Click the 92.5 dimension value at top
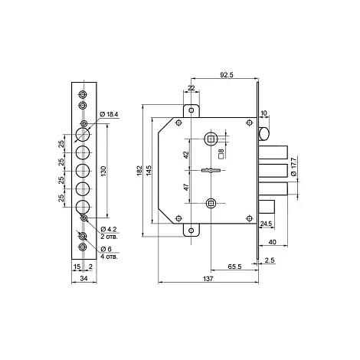227,75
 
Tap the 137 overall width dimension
208,279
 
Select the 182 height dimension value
139,171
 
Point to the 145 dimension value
149,171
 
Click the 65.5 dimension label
234,267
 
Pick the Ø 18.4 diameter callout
109,114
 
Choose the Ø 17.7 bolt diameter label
294,167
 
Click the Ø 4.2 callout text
109,229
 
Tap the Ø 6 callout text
106,249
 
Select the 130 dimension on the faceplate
103,171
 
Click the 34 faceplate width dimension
83,279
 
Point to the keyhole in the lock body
211,170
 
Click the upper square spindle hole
211,139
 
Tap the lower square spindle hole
211,204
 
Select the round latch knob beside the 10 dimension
264,134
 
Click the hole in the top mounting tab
191,110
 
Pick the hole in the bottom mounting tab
191,231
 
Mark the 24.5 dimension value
266,224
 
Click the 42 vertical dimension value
186,155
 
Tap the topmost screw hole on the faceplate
83,94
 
